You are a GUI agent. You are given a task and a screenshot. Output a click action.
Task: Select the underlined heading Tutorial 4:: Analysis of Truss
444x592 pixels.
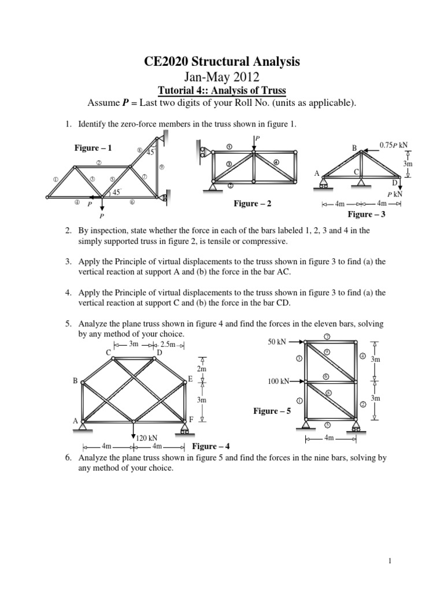221,90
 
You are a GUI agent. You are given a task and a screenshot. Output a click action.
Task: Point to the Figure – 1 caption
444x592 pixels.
93,148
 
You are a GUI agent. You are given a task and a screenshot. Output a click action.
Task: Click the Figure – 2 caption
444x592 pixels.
252,203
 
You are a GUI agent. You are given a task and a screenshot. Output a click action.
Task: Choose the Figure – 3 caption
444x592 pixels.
366,214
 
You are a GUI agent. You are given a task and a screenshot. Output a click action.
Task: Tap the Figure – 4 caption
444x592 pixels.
211,446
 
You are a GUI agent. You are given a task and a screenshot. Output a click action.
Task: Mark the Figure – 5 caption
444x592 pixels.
272,411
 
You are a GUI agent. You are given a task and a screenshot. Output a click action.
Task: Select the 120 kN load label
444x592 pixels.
147,438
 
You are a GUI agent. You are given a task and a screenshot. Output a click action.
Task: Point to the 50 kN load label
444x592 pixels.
277,342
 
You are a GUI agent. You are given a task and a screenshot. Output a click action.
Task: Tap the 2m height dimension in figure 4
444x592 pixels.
201,368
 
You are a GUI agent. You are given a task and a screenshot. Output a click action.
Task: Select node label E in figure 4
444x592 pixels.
190,379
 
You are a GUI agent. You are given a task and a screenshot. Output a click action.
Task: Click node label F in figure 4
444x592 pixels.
191,419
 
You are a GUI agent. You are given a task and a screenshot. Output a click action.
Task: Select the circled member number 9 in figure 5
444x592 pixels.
327,352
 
